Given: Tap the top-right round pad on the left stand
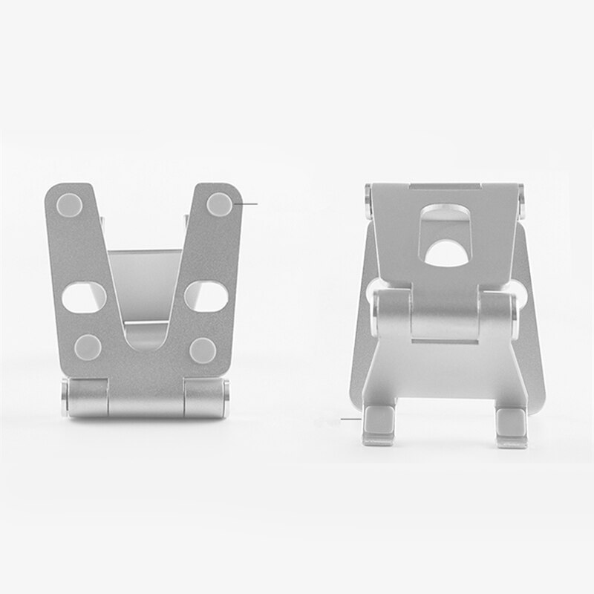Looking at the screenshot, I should click(220, 203).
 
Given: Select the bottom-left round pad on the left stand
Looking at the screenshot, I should click(88, 345).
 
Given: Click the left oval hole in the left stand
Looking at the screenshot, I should click(83, 298).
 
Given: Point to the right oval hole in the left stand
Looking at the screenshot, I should click(206, 297).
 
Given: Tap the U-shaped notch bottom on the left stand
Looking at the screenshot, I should click(146, 338).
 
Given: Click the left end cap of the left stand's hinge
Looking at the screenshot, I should click(66, 398).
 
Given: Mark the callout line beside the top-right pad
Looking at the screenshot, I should click(247, 202).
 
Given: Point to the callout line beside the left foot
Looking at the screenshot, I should click(350, 420).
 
